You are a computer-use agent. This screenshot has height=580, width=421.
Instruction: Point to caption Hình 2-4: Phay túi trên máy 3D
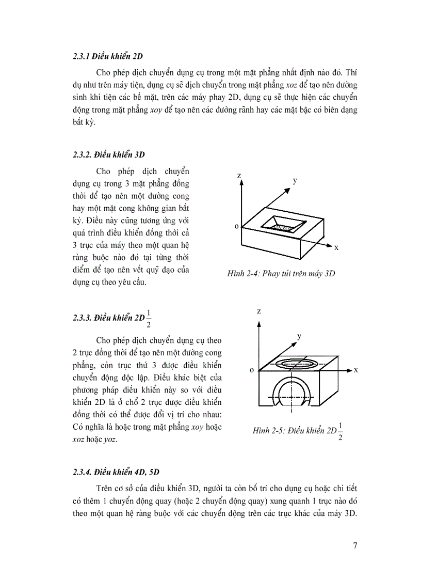pyautogui.click(x=281, y=274)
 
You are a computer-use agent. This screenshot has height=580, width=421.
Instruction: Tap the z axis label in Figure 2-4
pyautogui.click(x=239, y=176)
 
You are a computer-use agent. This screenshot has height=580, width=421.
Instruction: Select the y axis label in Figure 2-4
pyautogui.click(x=295, y=180)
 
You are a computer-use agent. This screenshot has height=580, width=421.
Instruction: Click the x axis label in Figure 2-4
pyautogui.click(x=336, y=247)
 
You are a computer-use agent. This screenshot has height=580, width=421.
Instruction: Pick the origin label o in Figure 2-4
pyautogui.click(x=237, y=226)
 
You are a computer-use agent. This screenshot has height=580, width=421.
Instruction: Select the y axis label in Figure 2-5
pyautogui.click(x=299, y=336)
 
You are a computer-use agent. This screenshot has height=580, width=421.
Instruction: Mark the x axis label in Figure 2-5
pyautogui.click(x=356, y=370)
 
